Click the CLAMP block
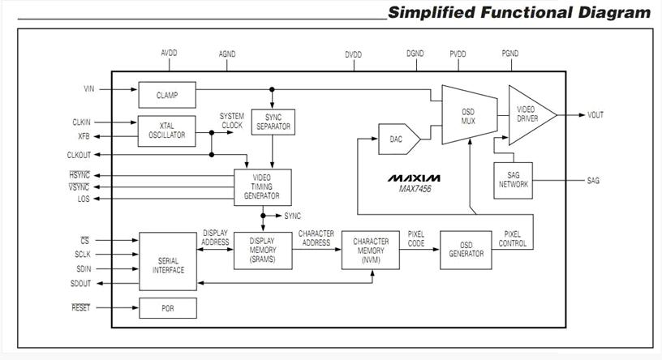click(x=167, y=95)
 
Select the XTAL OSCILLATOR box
click(x=167, y=131)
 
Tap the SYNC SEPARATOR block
click(x=273, y=122)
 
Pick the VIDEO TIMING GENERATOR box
click(x=263, y=187)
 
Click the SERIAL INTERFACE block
click(x=168, y=261)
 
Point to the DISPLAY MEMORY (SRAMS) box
click(x=263, y=251)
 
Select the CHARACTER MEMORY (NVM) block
click(x=370, y=250)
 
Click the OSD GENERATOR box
click(x=466, y=250)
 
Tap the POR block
click(x=168, y=308)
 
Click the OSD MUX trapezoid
click(x=469, y=115)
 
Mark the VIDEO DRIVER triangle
click(x=530, y=115)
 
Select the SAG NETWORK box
click(x=513, y=180)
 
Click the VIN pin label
click(x=89, y=89)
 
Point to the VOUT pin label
click(x=595, y=115)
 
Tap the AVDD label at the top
click(x=169, y=54)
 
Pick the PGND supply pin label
click(x=510, y=54)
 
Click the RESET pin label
click(x=80, y=307)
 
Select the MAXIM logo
click(x=414, y=178)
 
